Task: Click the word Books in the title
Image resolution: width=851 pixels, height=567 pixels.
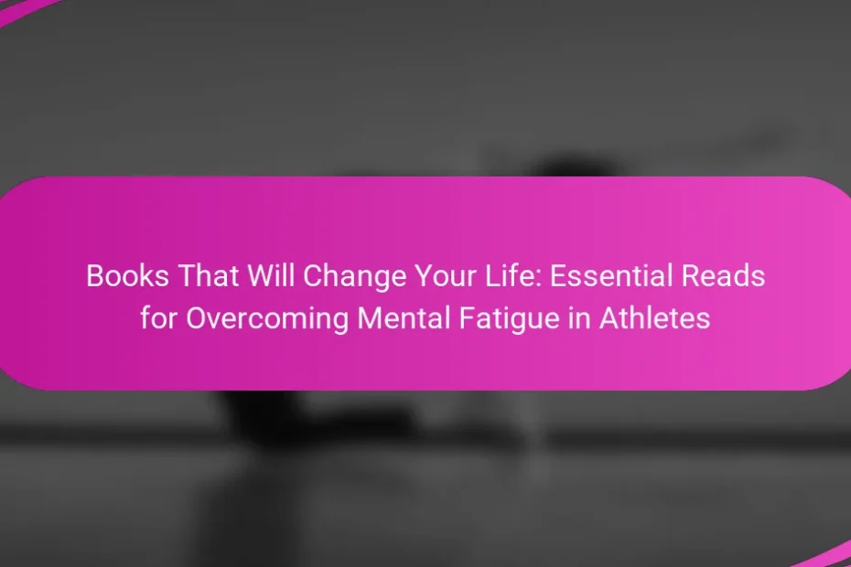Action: (x=127, y=275)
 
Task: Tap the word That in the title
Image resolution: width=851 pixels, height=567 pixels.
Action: (x=209, y=275)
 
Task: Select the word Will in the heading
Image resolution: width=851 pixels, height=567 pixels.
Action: (x=270, y=275)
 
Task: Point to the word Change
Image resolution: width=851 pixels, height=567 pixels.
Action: (x=354, y=278)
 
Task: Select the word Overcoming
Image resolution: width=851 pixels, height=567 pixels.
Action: (x=267, y=320)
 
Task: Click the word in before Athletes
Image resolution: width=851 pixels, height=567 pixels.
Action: (x=579, y=318)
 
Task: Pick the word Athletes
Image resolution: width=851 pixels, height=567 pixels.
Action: (x=654, y=318)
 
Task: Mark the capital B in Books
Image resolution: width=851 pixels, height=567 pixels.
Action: (x=95, y=275)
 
